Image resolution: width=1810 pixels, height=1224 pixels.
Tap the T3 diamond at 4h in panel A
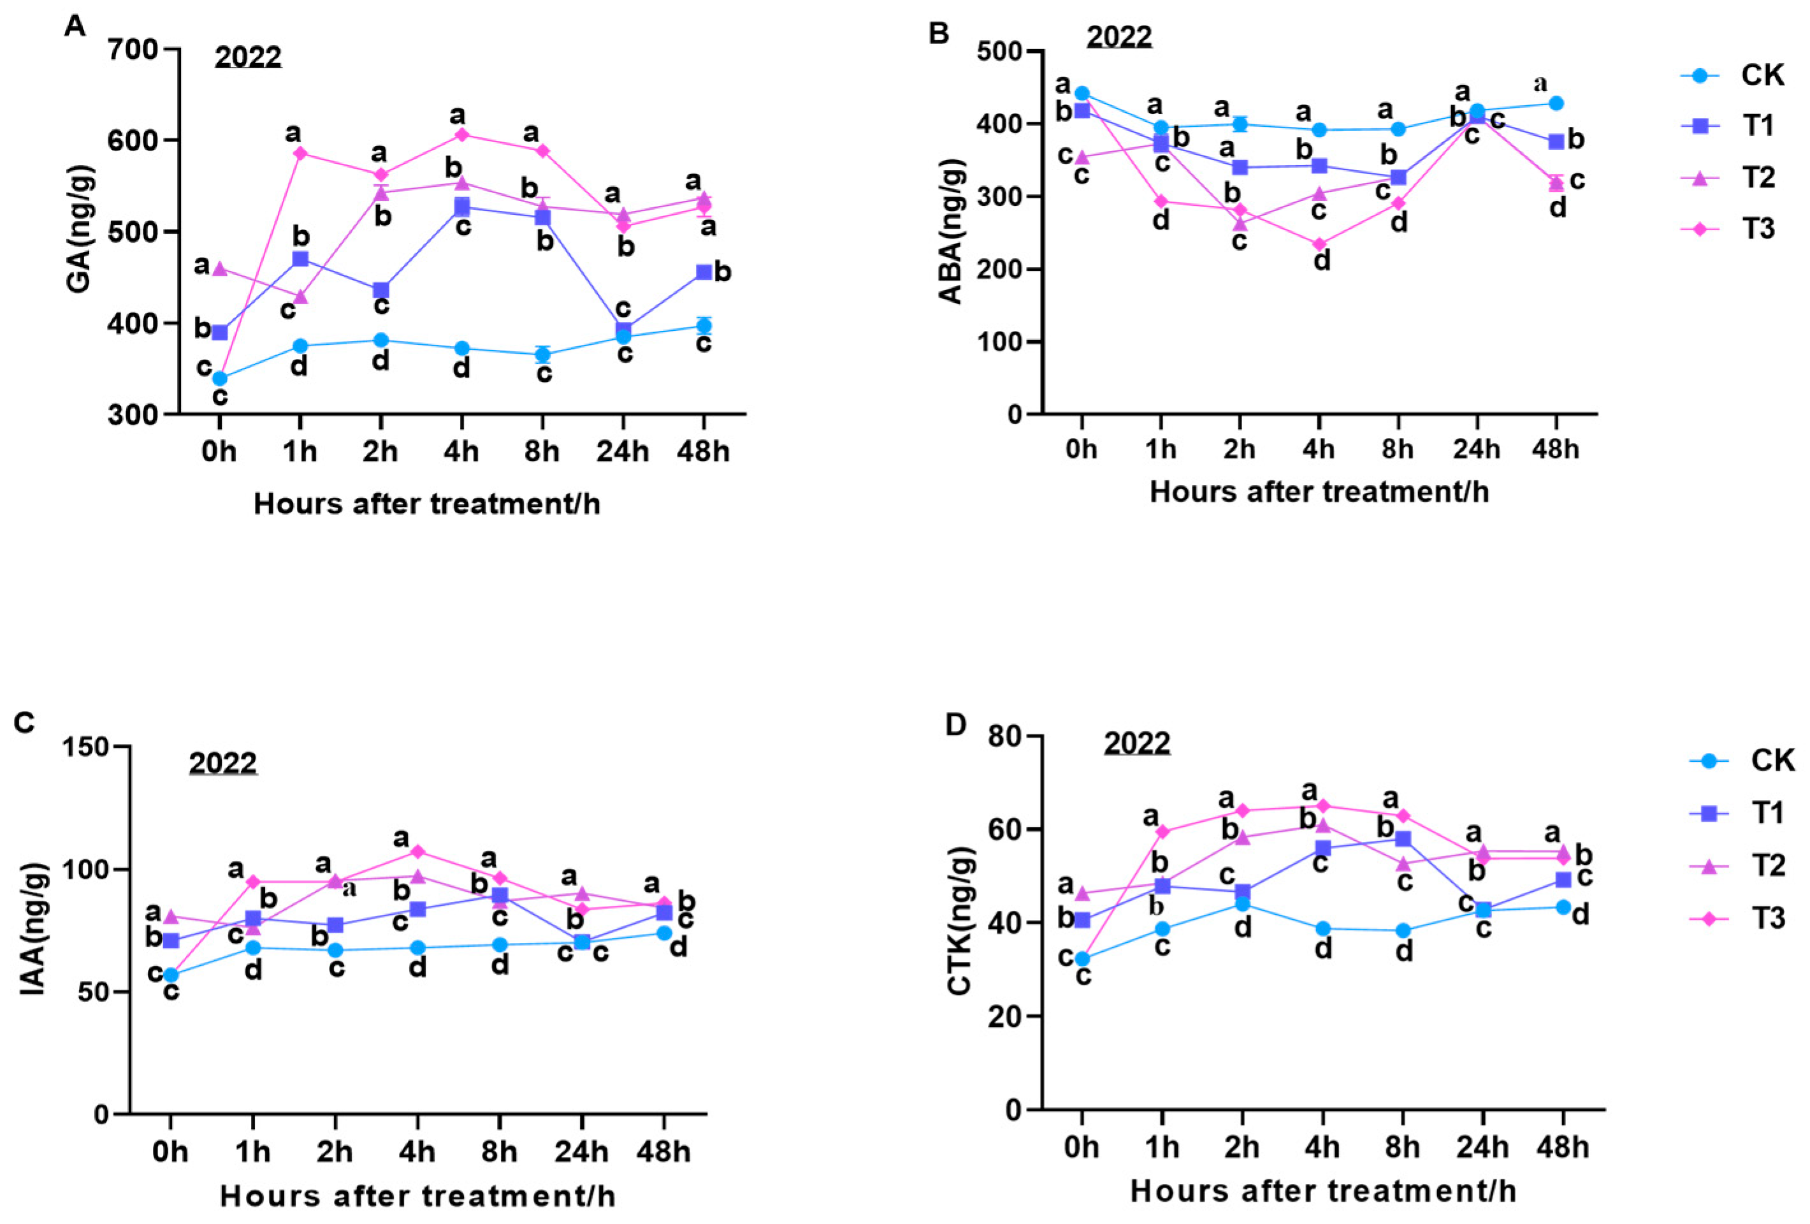pyautogui.click(x=462, y=135)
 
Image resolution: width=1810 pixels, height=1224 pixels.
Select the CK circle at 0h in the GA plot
pyautogui.click(x=220, y=379)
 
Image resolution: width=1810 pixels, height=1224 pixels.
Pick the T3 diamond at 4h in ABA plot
pyautogui.click(x=1319, y=245)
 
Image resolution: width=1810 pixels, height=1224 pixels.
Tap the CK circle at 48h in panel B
pyautogui.click(x=1556, y=103)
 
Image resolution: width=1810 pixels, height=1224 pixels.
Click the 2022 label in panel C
pyautogui.click(x=223, y=762)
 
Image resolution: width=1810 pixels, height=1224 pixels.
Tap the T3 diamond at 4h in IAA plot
pyautogui.click(x=417, y=851)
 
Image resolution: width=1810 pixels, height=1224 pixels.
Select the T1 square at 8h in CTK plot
pyautogui.click(x=1403, y=839)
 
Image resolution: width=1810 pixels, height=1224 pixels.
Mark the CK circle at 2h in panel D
pyautogui.click(x=1242, y=905)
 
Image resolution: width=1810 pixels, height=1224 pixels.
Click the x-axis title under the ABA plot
pyautogui.click(x=1319, y=492)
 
